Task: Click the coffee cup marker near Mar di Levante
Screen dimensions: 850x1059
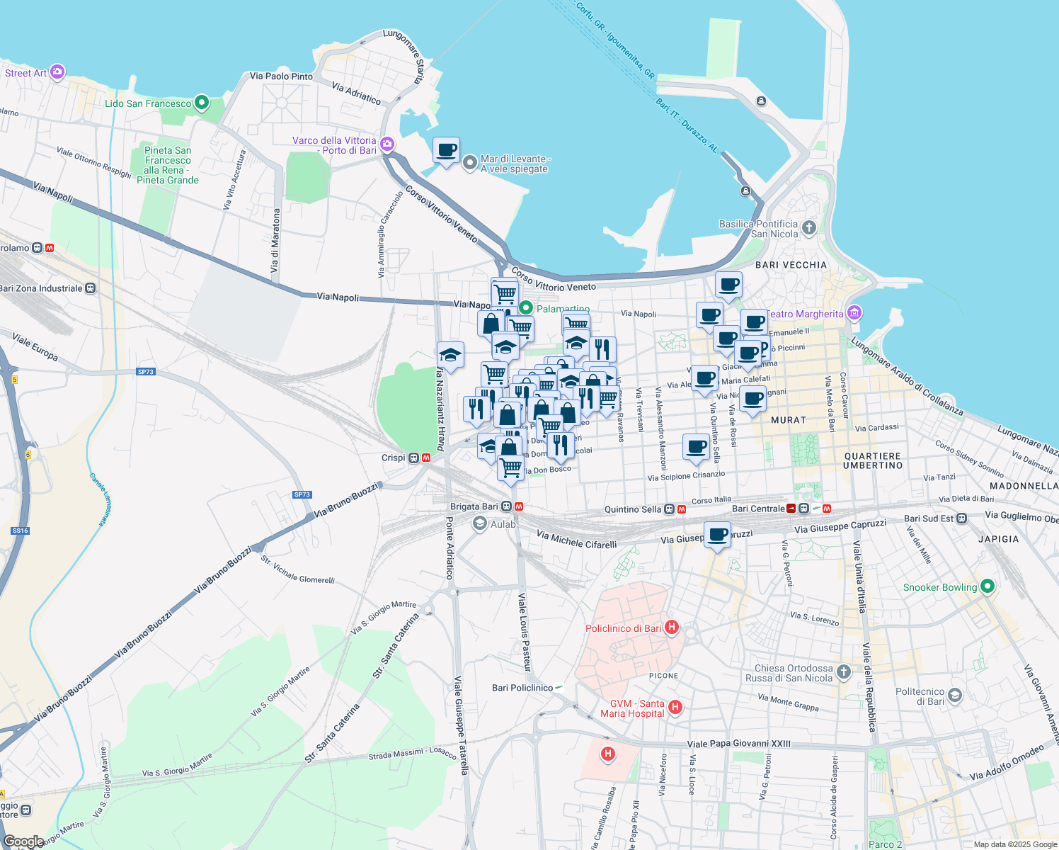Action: (x=446, y=151)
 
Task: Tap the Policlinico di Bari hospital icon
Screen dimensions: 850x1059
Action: (x=672, y=628)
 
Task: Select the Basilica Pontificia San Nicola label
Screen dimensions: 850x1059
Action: (x=758, y=229)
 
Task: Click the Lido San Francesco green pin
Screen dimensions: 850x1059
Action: (x=202, y=103)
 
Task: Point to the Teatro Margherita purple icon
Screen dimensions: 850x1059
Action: (x=854, y=312)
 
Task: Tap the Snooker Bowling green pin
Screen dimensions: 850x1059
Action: (x=988, y=586)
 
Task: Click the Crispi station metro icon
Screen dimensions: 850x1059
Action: (x=426, y=458)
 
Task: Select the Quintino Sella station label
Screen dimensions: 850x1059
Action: (x=632, y=509)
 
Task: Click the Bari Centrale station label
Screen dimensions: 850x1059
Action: (x=757, y=509)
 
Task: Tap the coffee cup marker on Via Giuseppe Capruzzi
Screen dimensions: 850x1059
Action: (x=717, y=535)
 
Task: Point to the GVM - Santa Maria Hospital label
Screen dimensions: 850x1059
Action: (x=632, y=708)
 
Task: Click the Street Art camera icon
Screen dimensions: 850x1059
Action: (x=57, y=72)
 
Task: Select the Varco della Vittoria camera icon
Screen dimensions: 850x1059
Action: (x=387, y=144)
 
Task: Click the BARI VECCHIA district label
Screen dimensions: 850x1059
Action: (x=791, y=265)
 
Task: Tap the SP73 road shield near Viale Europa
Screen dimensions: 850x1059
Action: (x=145, y=371)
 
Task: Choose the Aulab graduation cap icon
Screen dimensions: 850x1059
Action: (x=480, y=523)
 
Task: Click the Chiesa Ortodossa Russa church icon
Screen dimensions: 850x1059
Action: (x=843, y=671)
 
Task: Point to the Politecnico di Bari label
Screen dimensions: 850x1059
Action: (x=920, y=696)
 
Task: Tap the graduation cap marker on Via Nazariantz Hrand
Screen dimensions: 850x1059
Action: (x=450, y=355)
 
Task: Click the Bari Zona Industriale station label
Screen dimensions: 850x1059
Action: (x=40, y=288)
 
